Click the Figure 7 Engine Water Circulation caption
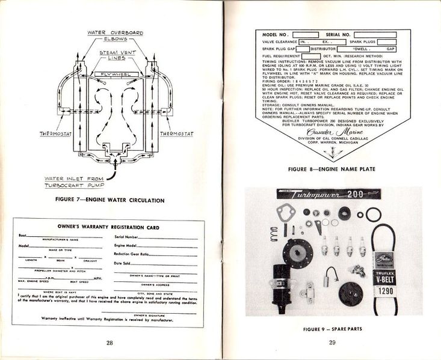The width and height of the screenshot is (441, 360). (109, 200)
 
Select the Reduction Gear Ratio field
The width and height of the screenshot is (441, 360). (162, 254)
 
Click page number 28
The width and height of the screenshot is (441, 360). (109, 343)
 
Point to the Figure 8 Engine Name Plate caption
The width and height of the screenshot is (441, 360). (332, 169)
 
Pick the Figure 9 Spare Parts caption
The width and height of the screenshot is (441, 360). (332, 329)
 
